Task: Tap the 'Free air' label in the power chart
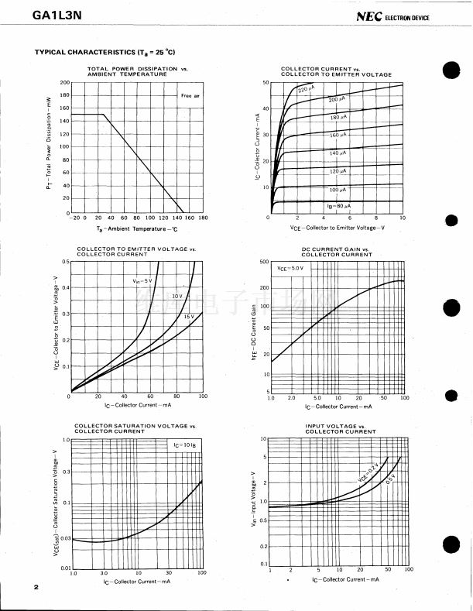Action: (x=190, y=95)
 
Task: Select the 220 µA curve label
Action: (x=306, y=90)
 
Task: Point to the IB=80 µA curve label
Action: (x=338, y=206)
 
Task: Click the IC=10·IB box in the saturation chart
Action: (x=184, y=445)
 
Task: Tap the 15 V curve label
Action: (x=188, y=317)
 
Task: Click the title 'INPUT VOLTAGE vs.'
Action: (x=336, y=426)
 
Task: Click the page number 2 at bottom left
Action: (x=36, y=588)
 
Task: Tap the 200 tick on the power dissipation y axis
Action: (x=65, y=82)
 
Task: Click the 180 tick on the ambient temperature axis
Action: (x=204, y=218)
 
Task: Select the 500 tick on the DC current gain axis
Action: (x=264, y=262)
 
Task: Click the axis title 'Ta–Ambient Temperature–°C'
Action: (x=137, y=228)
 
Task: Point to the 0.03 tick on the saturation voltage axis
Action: (x=64, y=537)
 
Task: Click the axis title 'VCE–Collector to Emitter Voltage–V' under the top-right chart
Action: (x=337, y=228)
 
